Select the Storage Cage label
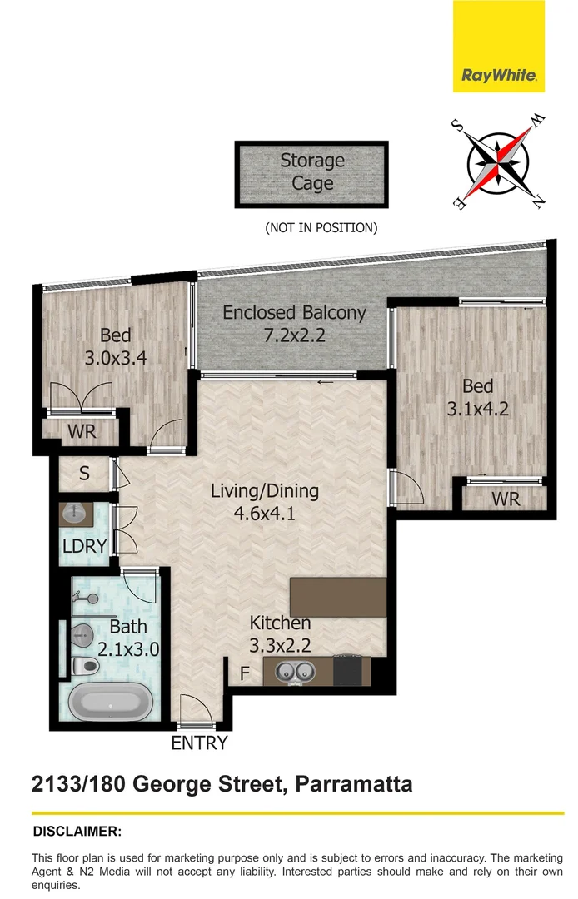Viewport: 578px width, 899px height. point(312,171)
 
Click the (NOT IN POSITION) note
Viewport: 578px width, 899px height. point(321,227)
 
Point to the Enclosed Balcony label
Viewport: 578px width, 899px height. point(294,313)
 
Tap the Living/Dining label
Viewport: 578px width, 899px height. point(264,491)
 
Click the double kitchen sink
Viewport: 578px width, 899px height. point(293,670)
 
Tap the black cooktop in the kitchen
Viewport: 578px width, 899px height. point(351,669)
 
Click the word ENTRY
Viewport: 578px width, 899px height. point(199,743)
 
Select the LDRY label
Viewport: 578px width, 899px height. point(84,547)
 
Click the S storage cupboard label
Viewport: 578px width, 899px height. point(84,474)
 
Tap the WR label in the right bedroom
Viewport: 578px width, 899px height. point(506,499)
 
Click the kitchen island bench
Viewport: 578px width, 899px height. point(338,597)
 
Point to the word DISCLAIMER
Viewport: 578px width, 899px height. point(77,831)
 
